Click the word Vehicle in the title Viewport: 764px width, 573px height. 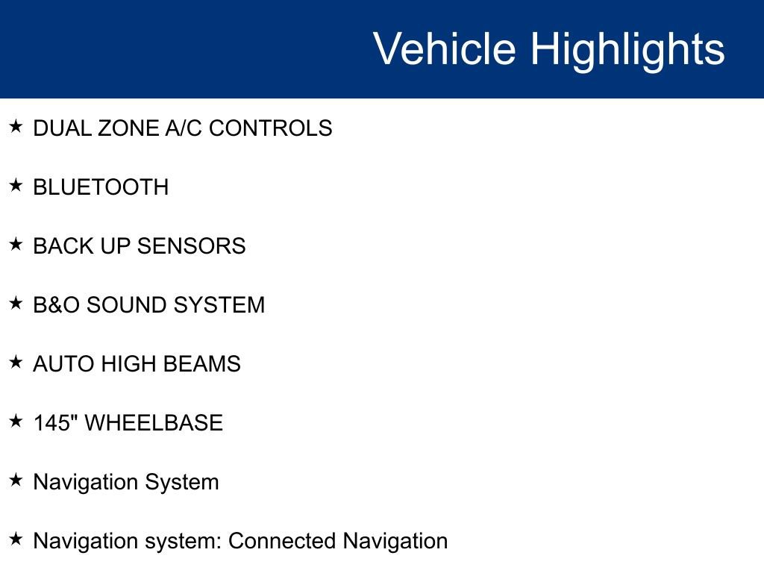(444, 49)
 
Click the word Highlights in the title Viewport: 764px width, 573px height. (627, 49)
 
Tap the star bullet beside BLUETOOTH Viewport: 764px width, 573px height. (16, 186)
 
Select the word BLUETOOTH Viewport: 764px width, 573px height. (101, 187)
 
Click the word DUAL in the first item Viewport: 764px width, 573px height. (63, 128)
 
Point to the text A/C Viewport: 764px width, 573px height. (184, 128)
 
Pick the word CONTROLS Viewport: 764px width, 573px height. (271, 128)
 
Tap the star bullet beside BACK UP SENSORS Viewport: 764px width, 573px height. (16, 245)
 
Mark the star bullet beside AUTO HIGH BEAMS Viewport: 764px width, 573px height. (16, 363)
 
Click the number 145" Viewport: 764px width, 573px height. (55, 423)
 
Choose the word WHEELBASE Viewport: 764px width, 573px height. (154, 423)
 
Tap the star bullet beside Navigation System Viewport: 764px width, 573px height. (16, 480)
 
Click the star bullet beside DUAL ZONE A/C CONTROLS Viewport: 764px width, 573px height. (16, 127)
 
